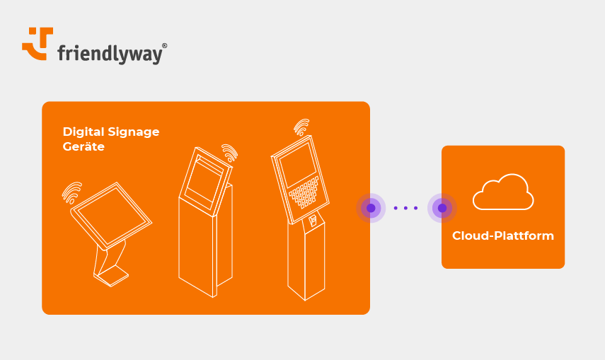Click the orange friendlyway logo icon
(x=38, y=43)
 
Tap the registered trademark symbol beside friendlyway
(x=164, y=45)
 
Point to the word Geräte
(x=83, y=147)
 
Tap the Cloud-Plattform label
(x=502, y=236)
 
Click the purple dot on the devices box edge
(x=371, y=208)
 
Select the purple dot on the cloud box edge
(x=442, y=208)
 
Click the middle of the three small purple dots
(x=406, y=208)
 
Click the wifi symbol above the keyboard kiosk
(x=302, y=127)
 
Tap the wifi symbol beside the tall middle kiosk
(x=229, y=152)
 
